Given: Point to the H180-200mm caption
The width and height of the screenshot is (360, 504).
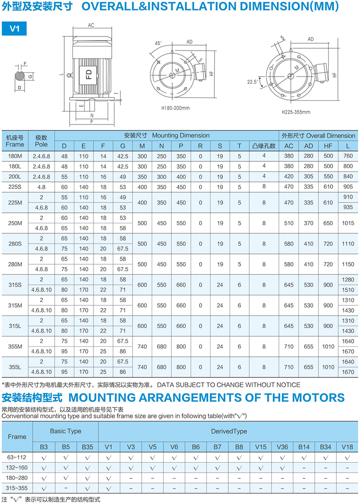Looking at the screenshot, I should point(175,108).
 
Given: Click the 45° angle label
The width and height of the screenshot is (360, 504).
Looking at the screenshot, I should point(159,43).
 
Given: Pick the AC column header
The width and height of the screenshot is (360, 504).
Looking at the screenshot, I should point(288,146).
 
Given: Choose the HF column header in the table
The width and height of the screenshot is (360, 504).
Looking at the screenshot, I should point(328,146).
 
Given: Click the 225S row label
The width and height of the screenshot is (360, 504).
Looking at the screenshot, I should point(15,186).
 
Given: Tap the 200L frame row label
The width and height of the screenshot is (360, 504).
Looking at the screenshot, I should point(15,176).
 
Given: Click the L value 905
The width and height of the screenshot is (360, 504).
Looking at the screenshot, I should point(348,186).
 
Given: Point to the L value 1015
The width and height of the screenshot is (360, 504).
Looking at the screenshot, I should point(348,223).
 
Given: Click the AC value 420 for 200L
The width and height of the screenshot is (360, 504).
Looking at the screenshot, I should point(288,176).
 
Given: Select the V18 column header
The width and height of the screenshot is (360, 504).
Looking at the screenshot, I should point(347,447).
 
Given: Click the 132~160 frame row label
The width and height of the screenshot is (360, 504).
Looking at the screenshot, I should point(17,468).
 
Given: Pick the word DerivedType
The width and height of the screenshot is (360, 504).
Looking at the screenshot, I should point(229,431).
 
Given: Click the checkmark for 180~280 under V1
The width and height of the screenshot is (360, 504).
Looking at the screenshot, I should point(108,478).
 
